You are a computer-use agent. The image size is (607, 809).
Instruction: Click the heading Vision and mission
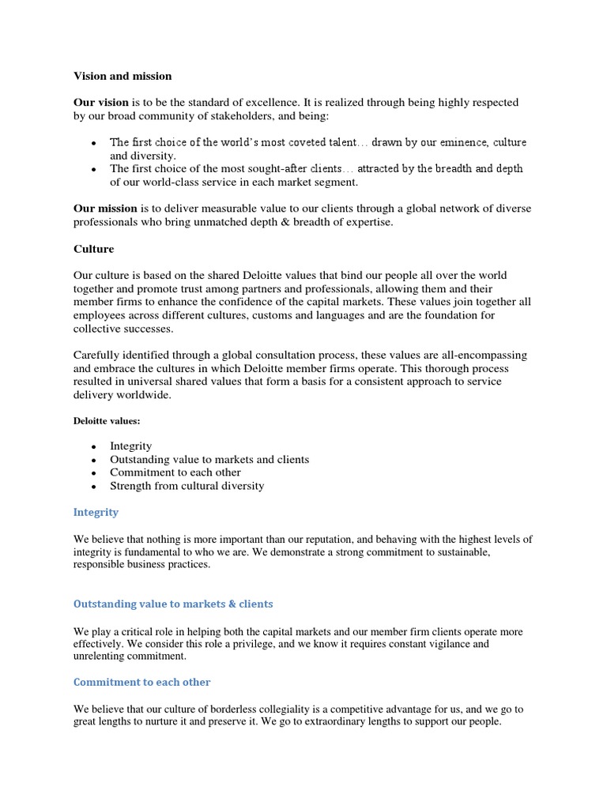click(x=123, y=76)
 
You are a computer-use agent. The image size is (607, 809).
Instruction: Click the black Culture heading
click(x=93, y=249)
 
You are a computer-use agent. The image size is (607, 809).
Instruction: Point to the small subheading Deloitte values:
click(x=107, y=421)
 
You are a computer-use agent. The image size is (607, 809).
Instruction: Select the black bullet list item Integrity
click(x=130, y=446)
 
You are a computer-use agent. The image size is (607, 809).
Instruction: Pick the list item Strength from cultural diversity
click(x=187, y=486)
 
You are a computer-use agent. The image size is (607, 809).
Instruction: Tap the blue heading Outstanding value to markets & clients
click(x=173, y=604)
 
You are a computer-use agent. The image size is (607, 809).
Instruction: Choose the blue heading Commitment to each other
click(x=141, y=682)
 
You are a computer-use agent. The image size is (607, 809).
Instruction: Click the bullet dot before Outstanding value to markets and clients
click(x=93, y=460)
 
